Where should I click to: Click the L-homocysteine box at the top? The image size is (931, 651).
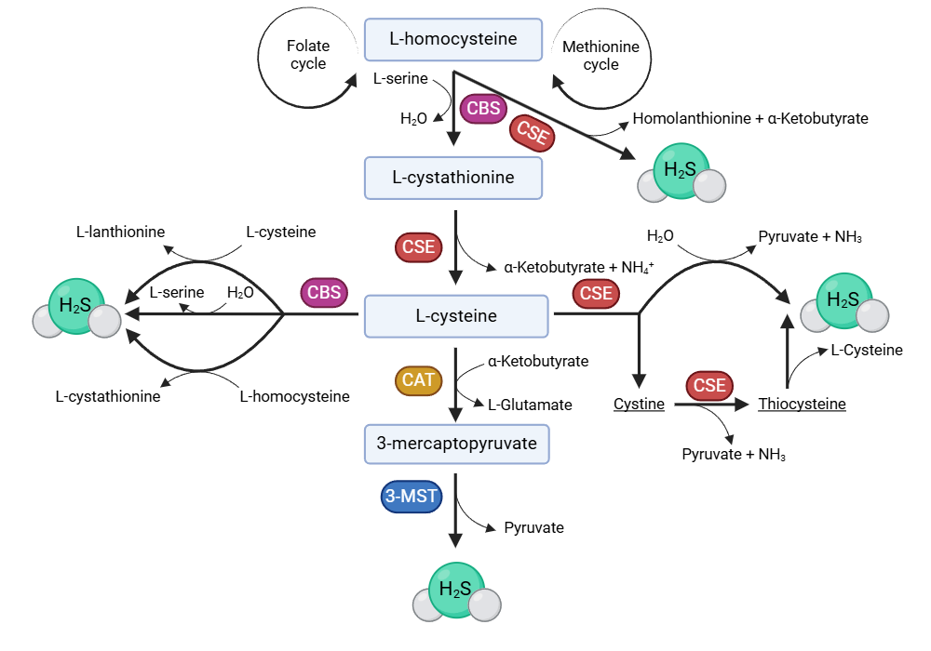pos(453,40)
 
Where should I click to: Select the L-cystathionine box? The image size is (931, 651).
pos(453,177)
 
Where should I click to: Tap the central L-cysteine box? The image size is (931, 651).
pos(456,316)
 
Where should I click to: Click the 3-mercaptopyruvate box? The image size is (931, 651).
pos(456,444)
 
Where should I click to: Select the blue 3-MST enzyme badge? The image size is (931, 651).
pos(411,497)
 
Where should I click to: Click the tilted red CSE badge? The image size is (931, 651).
pos(533,133)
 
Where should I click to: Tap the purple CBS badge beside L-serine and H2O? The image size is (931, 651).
pos(483,109)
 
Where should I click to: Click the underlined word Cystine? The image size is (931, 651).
pos(639,405)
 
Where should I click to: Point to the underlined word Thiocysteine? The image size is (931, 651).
pos(802,405)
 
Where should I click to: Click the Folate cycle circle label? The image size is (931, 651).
pos(308,55)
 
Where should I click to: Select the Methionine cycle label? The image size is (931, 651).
pos(600,55)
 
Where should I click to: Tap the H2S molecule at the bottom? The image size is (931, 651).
pos(457,591)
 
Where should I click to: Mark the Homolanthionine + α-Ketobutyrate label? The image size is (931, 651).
pos(750,119)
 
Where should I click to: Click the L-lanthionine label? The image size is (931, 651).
pos(121,232)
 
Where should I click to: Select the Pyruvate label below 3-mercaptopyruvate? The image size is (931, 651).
pos(533,527)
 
